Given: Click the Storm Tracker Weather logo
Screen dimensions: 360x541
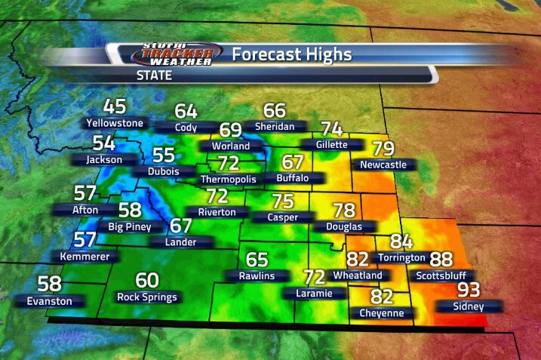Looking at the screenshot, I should [x=178, y=54].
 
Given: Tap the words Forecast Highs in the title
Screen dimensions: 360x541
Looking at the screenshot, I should [x=291, y=54].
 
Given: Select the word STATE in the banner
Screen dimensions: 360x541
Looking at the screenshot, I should [x=154, y=75].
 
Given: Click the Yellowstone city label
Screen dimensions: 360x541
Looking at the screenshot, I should [x=115, y=122].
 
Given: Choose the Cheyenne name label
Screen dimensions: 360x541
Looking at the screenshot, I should [x=382, y=312].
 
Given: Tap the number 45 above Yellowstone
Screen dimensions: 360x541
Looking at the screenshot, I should [x=115, y=106].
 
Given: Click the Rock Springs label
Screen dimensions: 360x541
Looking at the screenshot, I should [x=147, y=297].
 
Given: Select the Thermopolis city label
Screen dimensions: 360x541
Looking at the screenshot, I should [x=228, y=180].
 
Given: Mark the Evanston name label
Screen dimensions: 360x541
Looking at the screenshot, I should [x=50, y=301].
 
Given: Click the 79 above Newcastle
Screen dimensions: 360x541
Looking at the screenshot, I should [x=383, y=148].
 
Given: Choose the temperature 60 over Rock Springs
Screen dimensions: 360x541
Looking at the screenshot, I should [x=147, y=280].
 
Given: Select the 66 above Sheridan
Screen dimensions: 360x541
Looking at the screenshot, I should [x=275, y=110].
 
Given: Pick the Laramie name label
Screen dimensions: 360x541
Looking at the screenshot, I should [x=314, y=292].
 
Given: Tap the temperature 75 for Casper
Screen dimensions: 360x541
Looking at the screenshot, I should [x=282, y=201].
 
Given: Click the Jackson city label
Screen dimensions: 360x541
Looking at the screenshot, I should [x=103, y=160].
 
